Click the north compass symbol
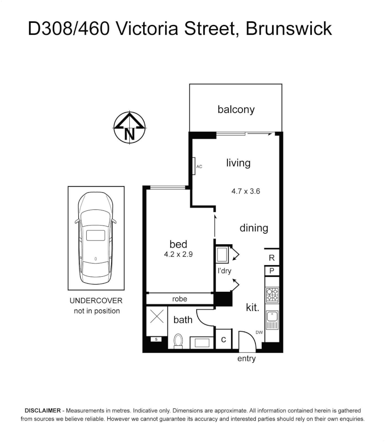pos(130,127)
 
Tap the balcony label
pos(236,109)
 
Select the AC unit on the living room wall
pos(195,166)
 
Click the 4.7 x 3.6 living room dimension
pos(246,191)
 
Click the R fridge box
pos(272,258)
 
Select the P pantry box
pos(272,271)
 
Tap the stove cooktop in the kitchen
pos(272,295)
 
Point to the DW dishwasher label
pos(259,333)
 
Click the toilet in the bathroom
pos(178,341)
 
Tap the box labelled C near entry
pos(224,340)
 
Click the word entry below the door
pos(246,359)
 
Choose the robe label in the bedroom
pos(180,299)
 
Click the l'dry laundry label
pos(225,271)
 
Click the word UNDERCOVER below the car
pos(96,301)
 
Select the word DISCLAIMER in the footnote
pos(43,410)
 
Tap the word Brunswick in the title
pos(288,29)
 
